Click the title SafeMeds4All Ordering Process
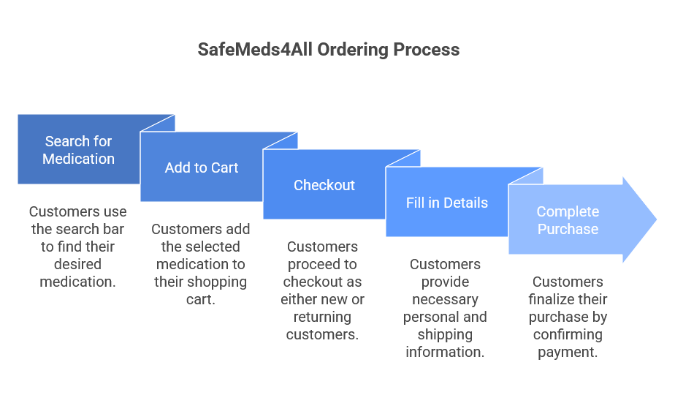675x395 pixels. pyautogui.click(x=329, y=50)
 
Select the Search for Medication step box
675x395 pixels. pyautogui.click(x=78, y=149)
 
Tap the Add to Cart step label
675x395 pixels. pyautogui.click(x=202, y=168)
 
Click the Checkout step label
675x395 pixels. pyautogui.click(x=324, y=185)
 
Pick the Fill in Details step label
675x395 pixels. pyautogui.click(x=446, y=203)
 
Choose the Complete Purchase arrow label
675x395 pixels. pyautogui.click(x=568, y=220)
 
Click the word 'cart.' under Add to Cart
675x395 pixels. pyautogui.click(x=200, y=299)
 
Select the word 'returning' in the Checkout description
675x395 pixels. pyautogui.click(x=322, y=317)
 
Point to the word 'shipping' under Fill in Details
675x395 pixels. pyautogui.click(x=445, y=334)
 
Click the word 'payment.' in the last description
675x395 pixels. pyautogui.click(x=568, y=352)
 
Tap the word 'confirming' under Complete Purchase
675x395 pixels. pyautogui.click(x=568, y=334)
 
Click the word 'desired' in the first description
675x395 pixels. pyautogui.click(x=77, y=264)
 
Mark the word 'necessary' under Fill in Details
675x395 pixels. pyautogui.click(x=445, y=299)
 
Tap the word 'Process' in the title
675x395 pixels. pyautogui.click(x=427, y=50)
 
